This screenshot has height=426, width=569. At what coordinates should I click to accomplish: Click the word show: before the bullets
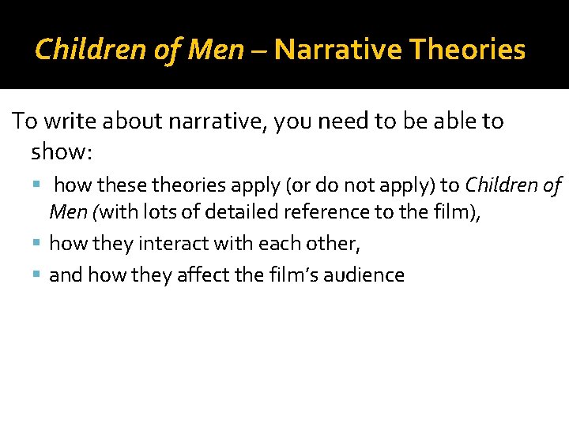[x=62, y=151]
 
